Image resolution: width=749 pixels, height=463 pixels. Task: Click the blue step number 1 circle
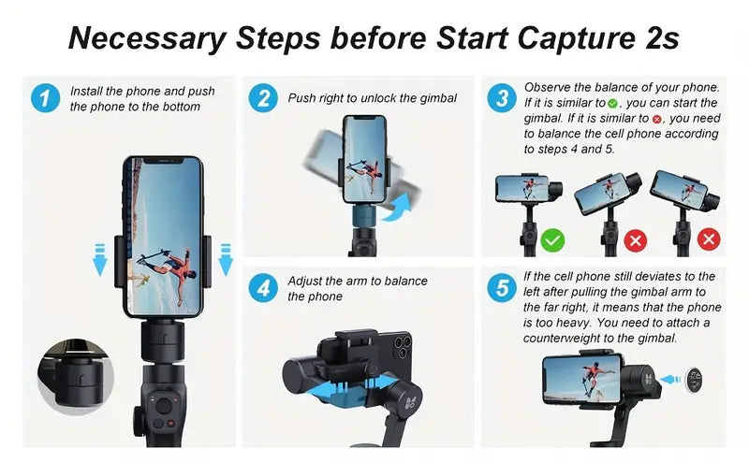[44, 97]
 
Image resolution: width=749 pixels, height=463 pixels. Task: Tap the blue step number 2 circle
[263, 98]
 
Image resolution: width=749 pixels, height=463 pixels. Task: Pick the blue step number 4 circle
[263, 287]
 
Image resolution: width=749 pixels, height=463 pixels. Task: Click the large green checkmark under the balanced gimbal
[553, 240]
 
